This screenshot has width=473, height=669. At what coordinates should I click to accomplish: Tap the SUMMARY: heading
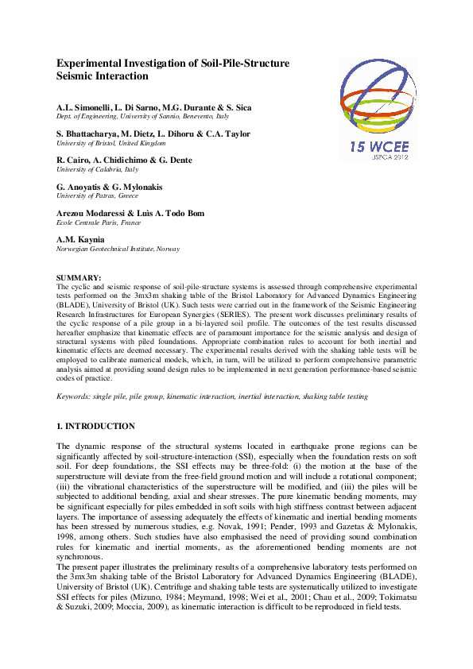click(x=79, y=276)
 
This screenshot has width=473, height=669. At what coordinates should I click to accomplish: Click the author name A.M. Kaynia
click(x=80, y=239)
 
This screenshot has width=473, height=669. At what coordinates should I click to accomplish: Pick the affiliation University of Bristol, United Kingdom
click(x=110, y=143)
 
